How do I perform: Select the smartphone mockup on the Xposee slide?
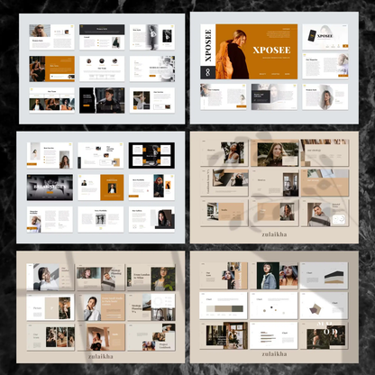click(x=313, y=36)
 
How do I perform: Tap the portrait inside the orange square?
click(x=112, y=186)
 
